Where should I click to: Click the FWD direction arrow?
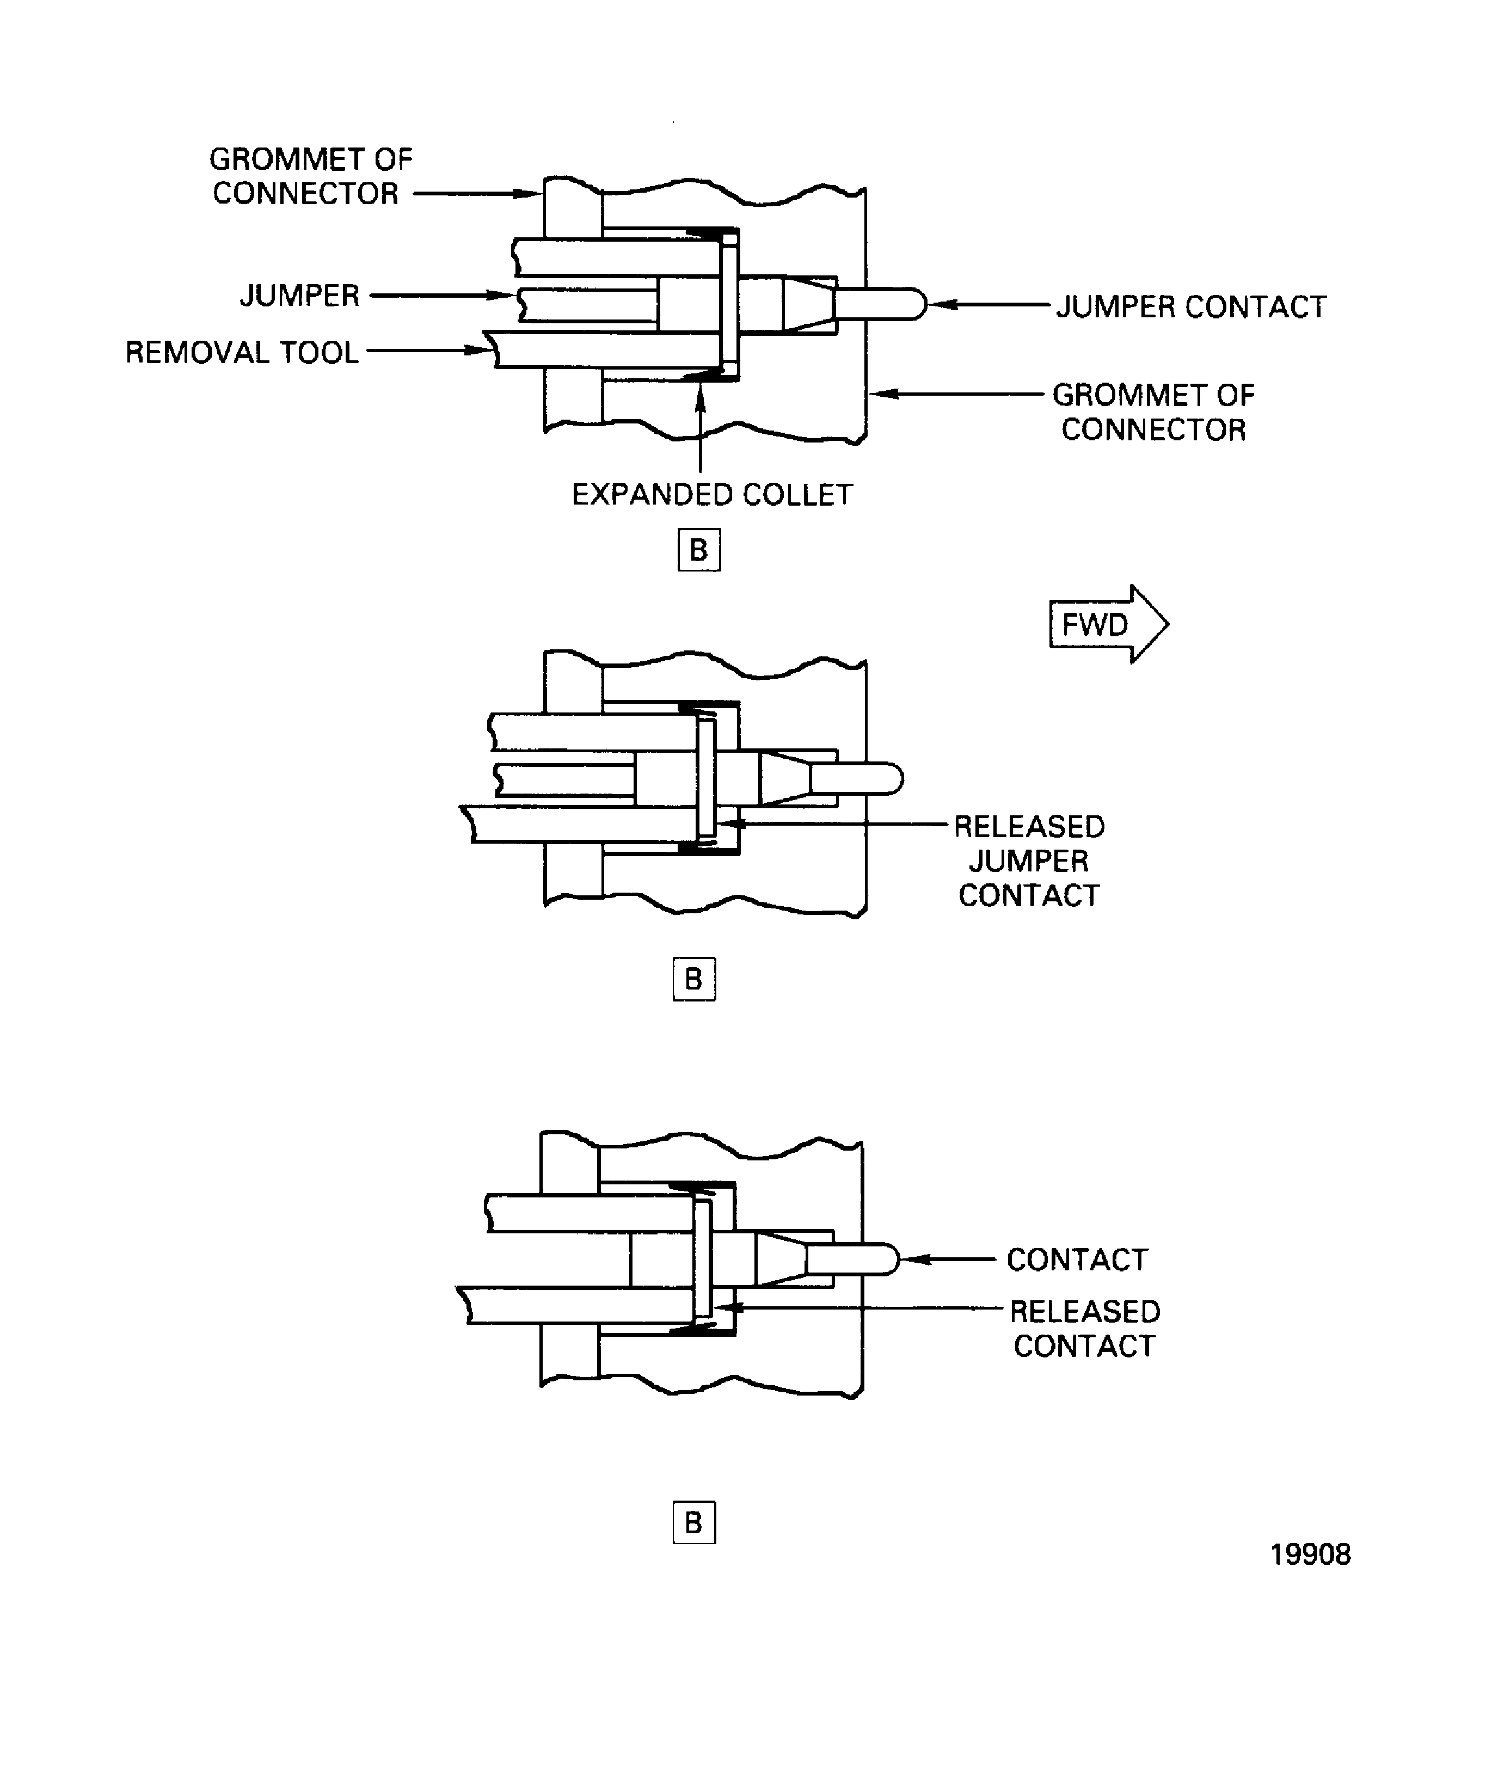click(1107, 624)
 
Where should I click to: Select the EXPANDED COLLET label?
click(711, 495)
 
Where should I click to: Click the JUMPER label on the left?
click(299, 295)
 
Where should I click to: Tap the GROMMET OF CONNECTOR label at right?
click(1153, 412)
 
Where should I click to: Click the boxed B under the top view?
click(698, 550)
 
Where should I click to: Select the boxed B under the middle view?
click(693, 979)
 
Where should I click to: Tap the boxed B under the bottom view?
click(693, 1522)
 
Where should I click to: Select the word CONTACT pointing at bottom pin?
click(1077, 1259)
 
